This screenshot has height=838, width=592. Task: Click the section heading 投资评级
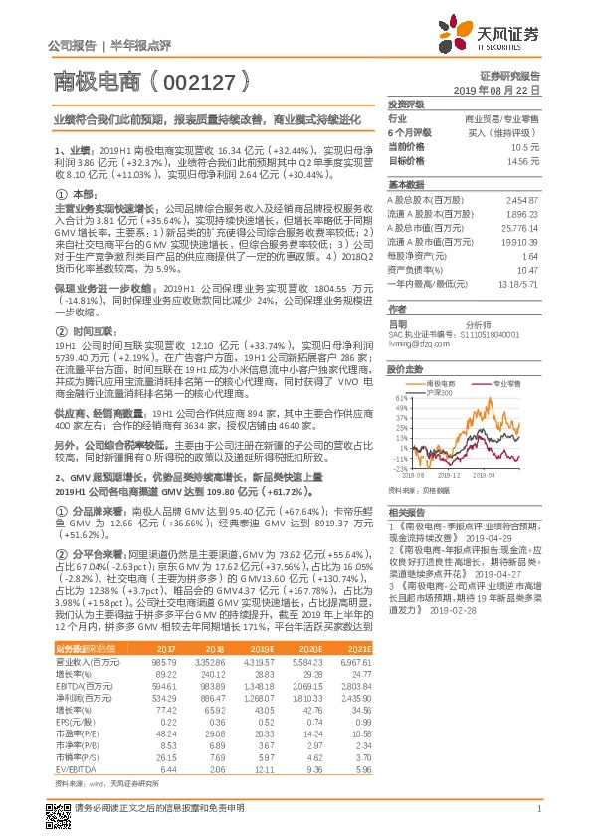click(406, 104)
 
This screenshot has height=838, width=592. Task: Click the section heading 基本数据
click(406, 185)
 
